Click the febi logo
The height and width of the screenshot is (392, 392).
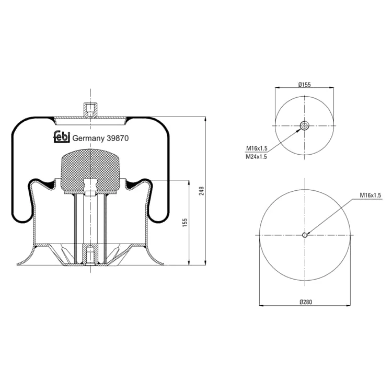click(62, 137)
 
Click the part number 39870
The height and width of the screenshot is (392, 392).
click(118, 139)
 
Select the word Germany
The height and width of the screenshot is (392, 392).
click(88, 139)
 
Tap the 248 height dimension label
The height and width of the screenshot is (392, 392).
click(202, 191)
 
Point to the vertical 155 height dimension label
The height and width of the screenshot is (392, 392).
click(185, 223)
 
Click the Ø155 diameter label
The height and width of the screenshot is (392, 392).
click(305, 85)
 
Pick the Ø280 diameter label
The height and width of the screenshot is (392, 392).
click(306, 302)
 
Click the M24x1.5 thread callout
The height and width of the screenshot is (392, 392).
click(256, 157)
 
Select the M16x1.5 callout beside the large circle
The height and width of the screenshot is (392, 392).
click(370, 195)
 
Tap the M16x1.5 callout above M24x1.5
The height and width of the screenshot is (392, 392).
click(257, 148)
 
